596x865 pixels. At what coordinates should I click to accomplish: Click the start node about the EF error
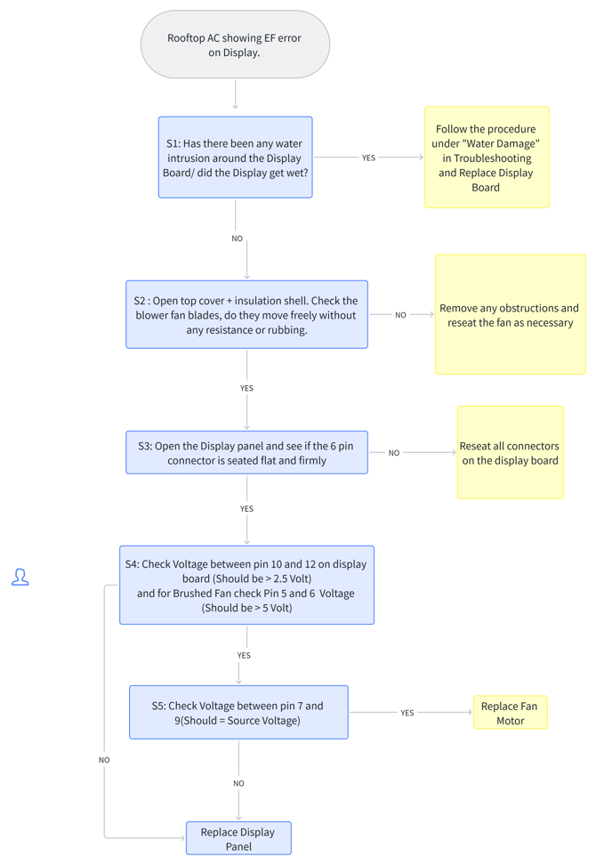coord(236,44)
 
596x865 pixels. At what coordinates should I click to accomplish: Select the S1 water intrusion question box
coord(236,158)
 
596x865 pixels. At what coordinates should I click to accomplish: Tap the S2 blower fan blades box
coord(247,314)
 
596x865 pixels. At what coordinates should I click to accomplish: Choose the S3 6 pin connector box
coord(247,452)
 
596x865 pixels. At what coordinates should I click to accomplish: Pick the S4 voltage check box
coord(247,586)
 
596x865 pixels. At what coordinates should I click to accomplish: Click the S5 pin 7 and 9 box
coord(238,712)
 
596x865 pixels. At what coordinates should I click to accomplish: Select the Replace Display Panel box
coord(238,838)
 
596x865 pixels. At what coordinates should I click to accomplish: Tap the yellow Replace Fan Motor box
coord(511,712)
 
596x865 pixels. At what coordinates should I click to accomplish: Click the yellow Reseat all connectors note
coord(511,452)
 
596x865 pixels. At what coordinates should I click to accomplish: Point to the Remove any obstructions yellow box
coord(511,314)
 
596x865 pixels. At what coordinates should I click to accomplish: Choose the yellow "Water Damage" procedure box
coord(487,158)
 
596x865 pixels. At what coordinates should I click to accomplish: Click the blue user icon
coord(20,577)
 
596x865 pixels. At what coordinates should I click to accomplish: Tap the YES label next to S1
coord(369,158)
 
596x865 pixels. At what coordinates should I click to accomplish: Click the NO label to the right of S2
coord(401,315)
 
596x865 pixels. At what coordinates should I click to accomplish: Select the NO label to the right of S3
coord(394,453)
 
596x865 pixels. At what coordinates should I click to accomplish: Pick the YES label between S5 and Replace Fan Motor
coord(407,713)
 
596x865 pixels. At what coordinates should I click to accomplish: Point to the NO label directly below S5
coord(238,783)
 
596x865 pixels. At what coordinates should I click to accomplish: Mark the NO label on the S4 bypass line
coord(104,760)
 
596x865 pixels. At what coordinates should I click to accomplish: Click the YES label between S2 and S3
coord(247,388)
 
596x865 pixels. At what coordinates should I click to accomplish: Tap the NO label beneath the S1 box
coord(238,238)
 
